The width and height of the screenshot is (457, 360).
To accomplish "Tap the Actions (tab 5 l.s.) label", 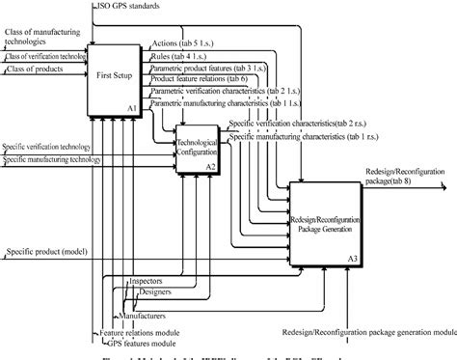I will (x=185, y=44).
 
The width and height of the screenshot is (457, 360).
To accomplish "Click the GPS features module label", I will (x=131, y=341).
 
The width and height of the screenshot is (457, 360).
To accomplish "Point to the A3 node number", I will (x=352, y=258).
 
